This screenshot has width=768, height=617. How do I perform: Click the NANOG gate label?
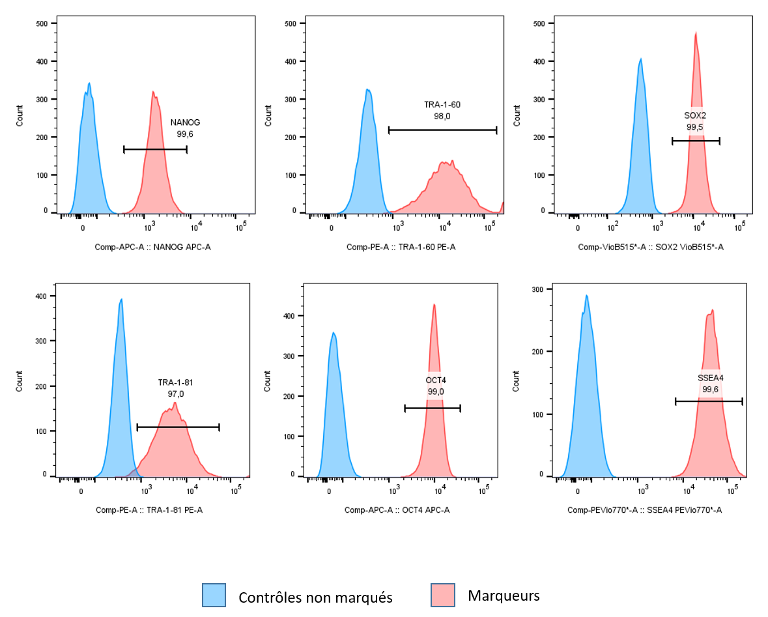[185, 122]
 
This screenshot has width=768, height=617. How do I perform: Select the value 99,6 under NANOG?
[185, 134]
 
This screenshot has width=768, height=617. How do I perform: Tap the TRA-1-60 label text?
[442, 105]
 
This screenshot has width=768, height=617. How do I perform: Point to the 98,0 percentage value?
[442, 117]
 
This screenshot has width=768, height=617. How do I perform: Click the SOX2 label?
[695, 116]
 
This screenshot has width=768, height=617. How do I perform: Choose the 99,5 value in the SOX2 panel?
[695, 127]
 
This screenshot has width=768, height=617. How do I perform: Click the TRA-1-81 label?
[175, 382]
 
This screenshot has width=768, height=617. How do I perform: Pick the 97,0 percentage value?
[175, 394]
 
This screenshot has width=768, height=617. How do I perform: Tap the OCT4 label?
[436, 380]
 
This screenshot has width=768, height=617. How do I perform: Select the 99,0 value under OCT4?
[436, 392]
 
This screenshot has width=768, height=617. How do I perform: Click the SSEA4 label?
[710, 378]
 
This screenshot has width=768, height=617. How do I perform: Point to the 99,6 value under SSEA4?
[710, 390]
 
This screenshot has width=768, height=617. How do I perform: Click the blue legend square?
[214, 595]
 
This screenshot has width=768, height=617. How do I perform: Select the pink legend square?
[443, 595]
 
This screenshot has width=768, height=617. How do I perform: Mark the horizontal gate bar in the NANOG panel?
[155, 150]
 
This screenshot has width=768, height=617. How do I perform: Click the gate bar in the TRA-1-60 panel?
[442, 130]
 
